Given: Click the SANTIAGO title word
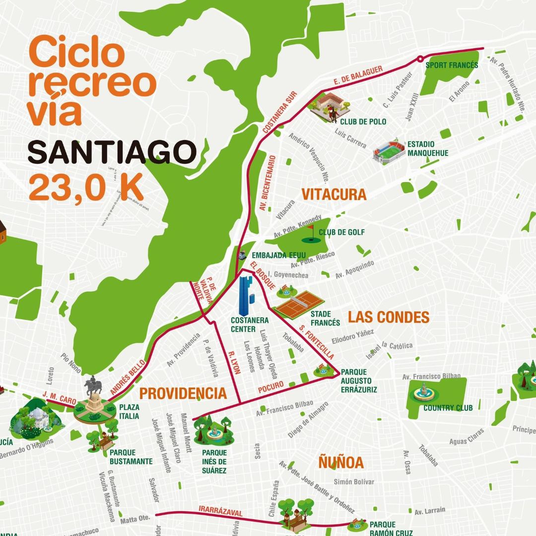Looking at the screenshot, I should point(112,152).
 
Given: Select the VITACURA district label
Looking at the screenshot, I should point(334,195).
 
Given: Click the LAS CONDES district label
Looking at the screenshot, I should point(388,317).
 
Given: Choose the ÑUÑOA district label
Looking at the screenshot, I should point(340,463).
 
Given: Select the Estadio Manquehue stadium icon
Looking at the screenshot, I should point(389,150).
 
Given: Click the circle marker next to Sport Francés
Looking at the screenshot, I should point(420,59).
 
